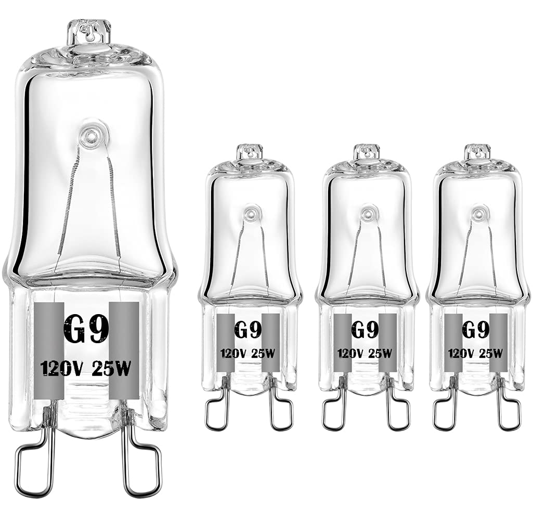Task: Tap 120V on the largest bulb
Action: coord(61,370)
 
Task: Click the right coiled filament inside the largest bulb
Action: coord(114,203)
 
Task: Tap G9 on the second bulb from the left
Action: coord(248,330)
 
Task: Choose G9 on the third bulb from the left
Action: coord(365,330)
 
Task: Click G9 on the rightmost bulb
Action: coord(475,330)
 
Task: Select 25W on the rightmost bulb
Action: coord(491,354)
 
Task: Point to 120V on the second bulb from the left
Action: coord(232,354)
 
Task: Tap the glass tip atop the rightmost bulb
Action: coord(477,151)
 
